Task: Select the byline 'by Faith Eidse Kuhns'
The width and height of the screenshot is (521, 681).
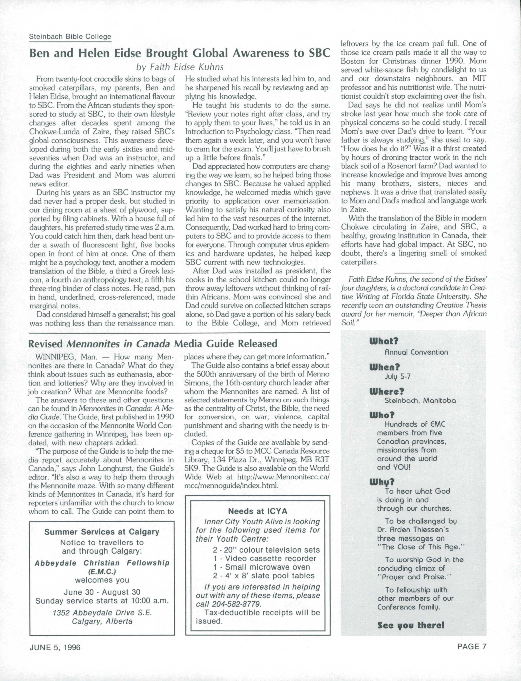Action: [180, 67]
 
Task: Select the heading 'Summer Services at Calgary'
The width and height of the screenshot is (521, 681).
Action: [102, 532]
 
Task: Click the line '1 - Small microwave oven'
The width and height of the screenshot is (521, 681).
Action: [261, 567]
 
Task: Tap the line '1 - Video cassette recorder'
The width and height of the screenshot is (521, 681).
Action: [264, 559]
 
